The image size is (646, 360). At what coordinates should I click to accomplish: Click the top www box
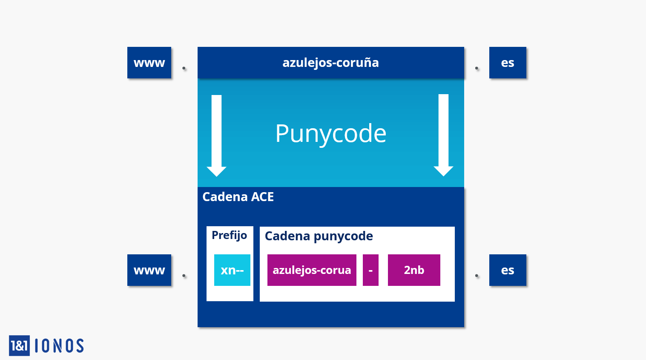coord(149,63)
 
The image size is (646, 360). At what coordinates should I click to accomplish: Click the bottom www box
coord(149,270)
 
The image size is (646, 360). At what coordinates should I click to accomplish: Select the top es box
coord(508,63)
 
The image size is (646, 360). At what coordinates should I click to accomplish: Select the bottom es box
coord(508,270)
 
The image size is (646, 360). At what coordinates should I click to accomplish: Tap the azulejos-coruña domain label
coord(331,63)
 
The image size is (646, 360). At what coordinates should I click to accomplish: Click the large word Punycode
coord(331,133)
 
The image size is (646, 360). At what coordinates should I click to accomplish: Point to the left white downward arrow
coord(217,135)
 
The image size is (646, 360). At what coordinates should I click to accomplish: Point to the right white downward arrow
coord(444,135)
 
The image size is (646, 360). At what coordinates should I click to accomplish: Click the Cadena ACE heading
coord(238,197)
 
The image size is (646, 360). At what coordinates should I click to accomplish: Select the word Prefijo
coord(229,235)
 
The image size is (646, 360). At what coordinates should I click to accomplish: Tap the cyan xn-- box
coord(232,270)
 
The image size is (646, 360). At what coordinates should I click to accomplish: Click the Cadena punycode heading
coord(319,236)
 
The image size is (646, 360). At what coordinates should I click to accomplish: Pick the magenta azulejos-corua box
coord(312,270)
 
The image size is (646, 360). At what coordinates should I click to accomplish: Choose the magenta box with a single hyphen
coord(370,270)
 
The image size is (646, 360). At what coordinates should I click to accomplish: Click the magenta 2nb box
coord(414,270)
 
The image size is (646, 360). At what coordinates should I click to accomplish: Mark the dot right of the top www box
coord(184,68)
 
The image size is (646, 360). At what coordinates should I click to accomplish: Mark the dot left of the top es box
coord(477,68)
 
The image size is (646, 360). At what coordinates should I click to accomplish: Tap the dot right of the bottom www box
coord(184,276)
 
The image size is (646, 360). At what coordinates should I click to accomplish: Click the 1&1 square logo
coord(19,346)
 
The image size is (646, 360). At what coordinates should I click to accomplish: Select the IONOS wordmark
coord(60,346)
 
